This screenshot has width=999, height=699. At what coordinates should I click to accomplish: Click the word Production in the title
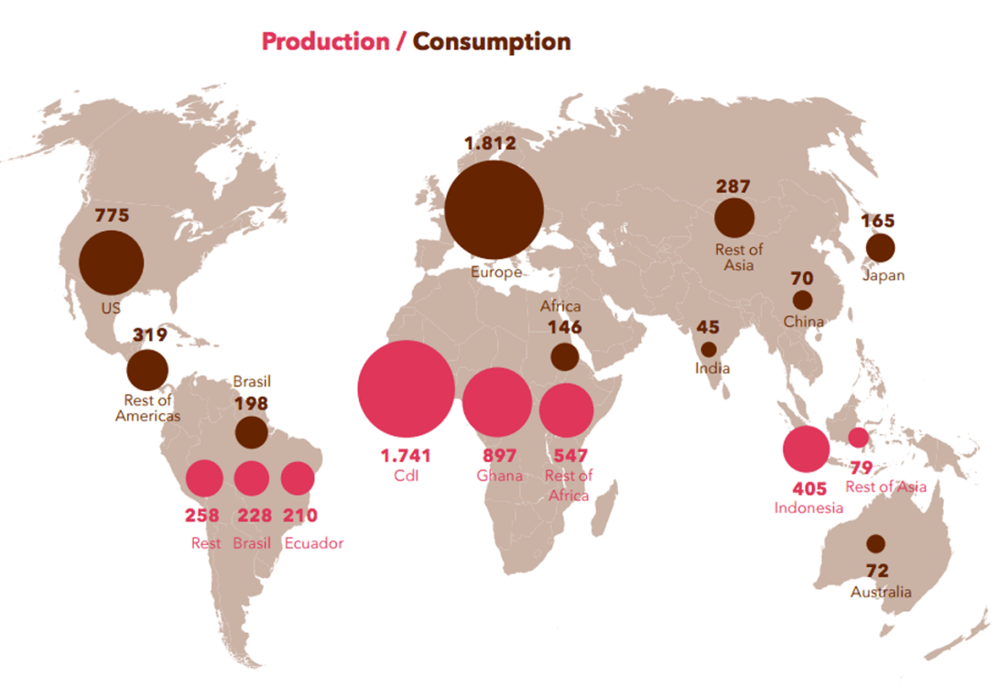[325, 41]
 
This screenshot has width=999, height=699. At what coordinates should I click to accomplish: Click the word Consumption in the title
[492, 41]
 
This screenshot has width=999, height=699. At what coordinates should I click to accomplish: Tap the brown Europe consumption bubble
[494, 210]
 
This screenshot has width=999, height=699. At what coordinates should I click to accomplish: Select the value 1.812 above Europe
[490, 143]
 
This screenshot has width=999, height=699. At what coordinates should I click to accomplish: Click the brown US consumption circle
[111, 263]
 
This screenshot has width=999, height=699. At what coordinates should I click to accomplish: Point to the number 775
[112, 216]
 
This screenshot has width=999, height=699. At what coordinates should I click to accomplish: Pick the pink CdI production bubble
[406, 388]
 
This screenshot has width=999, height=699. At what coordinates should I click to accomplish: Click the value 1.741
[405, 455]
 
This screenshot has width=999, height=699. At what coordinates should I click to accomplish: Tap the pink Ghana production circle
[497, 401]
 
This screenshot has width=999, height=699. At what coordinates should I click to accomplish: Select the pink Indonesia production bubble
[806, 449]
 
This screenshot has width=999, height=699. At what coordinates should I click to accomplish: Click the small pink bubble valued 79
[859, 437]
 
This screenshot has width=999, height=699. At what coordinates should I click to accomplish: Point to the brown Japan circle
[880, 247]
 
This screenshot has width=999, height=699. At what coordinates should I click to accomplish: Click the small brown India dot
[709, 349]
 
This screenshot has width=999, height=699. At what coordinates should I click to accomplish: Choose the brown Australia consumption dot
[876, 543]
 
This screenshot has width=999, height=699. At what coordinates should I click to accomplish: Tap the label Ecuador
[314, 543]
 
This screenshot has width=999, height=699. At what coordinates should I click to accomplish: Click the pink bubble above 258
[205, 478]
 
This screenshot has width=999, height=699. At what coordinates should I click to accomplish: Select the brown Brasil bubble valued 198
[252, 432]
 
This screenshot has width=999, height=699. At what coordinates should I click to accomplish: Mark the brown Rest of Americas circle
[147, 371]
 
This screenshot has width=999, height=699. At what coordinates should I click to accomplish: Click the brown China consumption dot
[803, 300]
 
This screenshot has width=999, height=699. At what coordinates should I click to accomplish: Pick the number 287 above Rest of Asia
[733, 187]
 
